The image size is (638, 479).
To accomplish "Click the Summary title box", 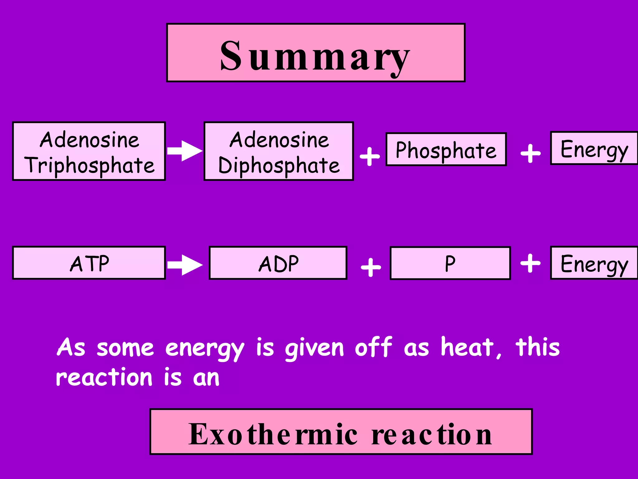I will click(316, 53).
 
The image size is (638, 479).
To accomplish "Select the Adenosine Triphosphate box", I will click(89, 151).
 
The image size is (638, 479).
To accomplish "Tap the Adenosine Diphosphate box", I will click(279, 151).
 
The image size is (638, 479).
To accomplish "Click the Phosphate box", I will click(446, 149).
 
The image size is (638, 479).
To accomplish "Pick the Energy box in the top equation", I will click(594, 148).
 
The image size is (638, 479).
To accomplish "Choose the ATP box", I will click(89, 263).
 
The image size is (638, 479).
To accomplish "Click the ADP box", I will click(278, 263).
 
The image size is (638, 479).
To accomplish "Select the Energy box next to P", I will click(594, 263).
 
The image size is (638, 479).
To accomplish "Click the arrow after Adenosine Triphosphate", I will click(184, 151).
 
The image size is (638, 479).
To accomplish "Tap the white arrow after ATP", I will click(184, 265).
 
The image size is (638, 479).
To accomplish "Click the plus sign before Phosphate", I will click(370, 156).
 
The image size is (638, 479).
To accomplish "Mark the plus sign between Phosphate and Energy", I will click(531, 153).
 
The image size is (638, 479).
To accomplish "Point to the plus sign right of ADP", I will click(371, 267).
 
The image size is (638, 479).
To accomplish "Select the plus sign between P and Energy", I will click(530, 263).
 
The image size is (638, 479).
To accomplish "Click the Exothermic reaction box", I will click(341, 432).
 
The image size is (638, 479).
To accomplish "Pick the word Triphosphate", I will click(90, 165).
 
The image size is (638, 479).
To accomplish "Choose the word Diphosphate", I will click(279, 165).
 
